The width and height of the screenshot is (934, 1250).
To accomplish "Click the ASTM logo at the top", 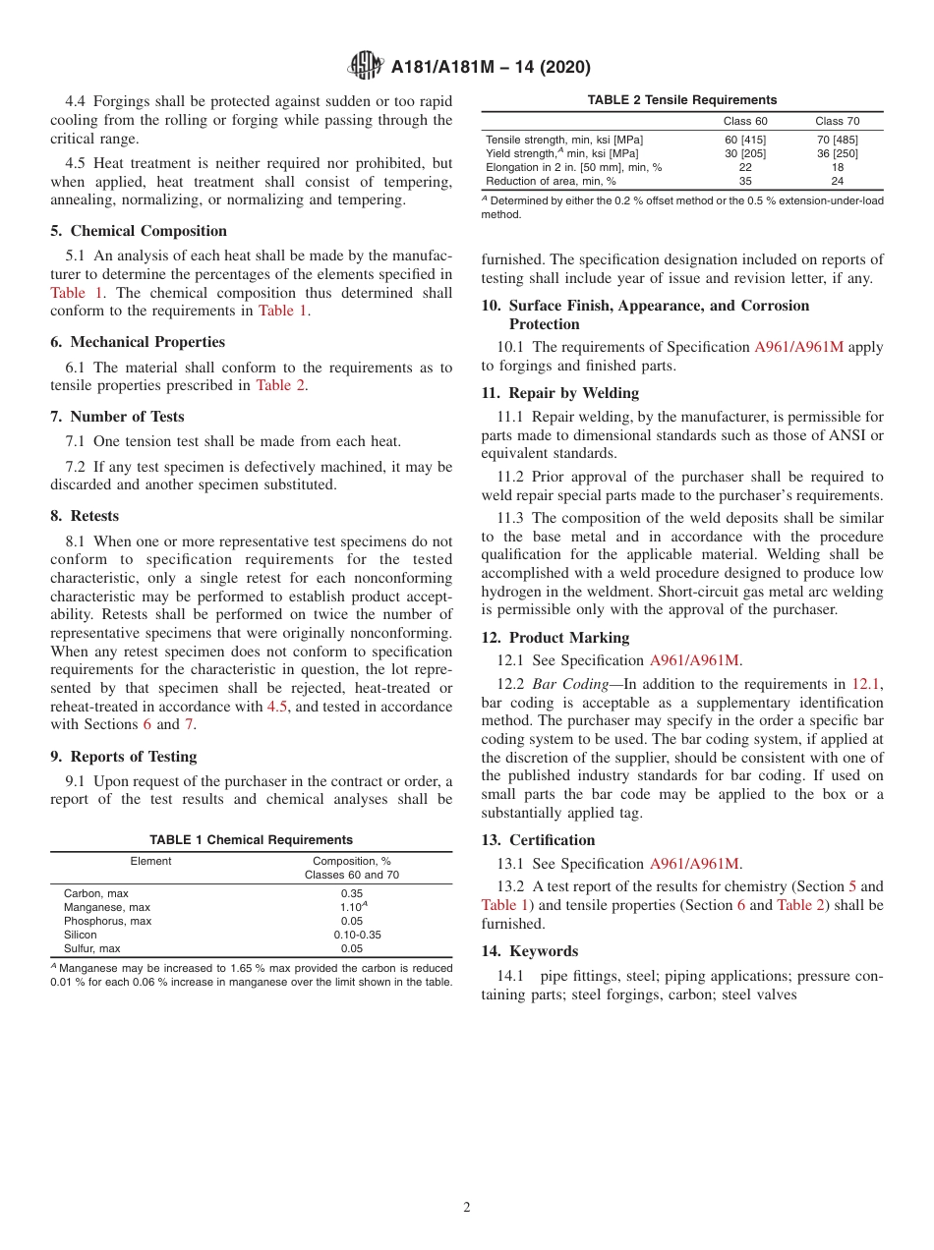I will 366,67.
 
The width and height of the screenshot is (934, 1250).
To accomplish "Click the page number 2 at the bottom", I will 467,1208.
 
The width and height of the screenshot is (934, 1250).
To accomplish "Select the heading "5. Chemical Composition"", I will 148,231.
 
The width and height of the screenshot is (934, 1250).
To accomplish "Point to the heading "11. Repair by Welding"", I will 560,393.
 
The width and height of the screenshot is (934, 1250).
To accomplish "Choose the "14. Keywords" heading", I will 530,951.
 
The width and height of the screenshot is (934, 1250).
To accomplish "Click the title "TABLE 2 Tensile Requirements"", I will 681,100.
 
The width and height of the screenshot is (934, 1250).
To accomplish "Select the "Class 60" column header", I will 744,122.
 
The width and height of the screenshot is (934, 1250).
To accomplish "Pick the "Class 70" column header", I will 837,122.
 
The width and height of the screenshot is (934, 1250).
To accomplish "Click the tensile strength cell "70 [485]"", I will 837,140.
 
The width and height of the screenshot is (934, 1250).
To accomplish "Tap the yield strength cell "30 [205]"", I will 744,153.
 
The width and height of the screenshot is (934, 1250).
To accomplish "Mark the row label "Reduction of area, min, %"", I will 551,181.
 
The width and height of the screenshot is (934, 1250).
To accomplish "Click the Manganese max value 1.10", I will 349,908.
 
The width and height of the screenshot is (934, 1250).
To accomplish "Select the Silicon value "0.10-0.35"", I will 351,936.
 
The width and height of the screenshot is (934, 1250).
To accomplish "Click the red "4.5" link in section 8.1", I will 277,707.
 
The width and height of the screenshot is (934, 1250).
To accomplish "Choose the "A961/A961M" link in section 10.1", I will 798,347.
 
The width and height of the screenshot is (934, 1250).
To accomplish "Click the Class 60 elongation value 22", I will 744,167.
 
